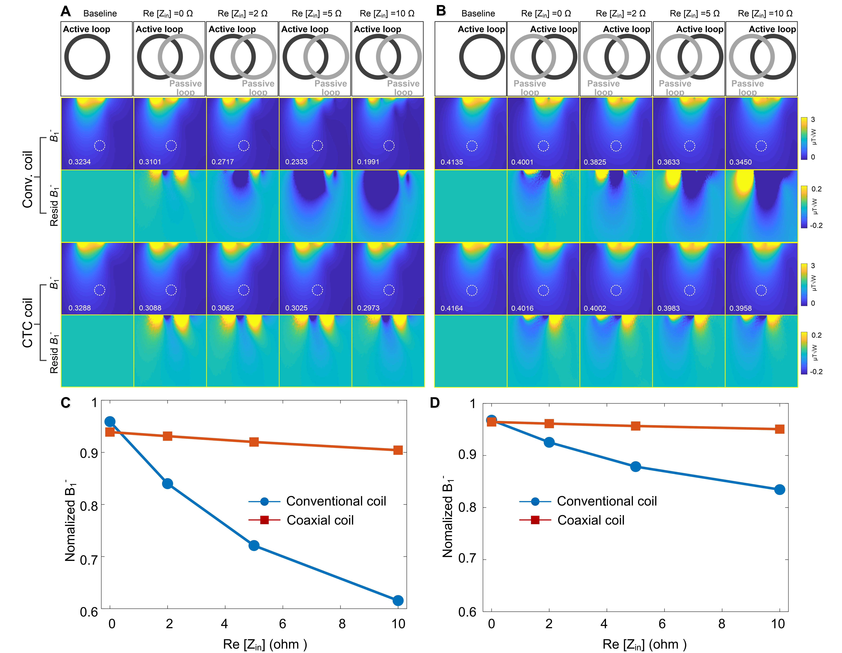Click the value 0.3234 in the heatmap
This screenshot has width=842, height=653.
pyautogui.click(x=79, y=162)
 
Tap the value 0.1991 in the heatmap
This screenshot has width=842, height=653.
pyautogui.click(x=368, y=162)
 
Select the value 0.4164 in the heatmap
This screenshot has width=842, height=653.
pyautogui.click(x=451, y=308)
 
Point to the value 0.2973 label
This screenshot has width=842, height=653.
pyautogui.click(x=368, y=308)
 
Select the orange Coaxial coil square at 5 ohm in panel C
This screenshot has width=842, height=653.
pyautogui.click(x=254, y=442)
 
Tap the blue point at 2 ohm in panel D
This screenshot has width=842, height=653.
pyautogui.click(x=549, y=442)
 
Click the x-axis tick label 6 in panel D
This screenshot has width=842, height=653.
pyautogui.click(x=662, y=624)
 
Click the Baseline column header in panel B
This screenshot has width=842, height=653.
pyautogui.click(x=478, y=13)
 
